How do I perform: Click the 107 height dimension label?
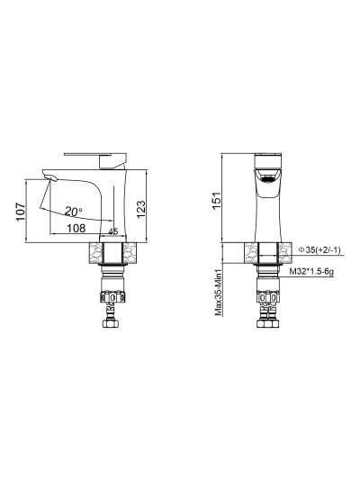pyautogui.click(x=21, y=212)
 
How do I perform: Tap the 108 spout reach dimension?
pyautogui.click(x=76, y=228)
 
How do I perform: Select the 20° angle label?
pyautogui.click(x=74, y=211)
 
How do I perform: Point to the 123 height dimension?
pyautogui.click(x=141, y=209)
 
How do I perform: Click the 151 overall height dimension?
pyautogui.click(x=216, y=201)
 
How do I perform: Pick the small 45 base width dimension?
pyautogui.click(x=113, y=231)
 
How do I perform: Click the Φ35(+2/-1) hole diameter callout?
pyautogui.click(x=319, y=250)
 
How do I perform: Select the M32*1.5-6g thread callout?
pyautogui.click(x=311, y=272)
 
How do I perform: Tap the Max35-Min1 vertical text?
pyautogui.click(x=218, y=293)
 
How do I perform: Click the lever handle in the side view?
pyautogui.click(x=95, y=158)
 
